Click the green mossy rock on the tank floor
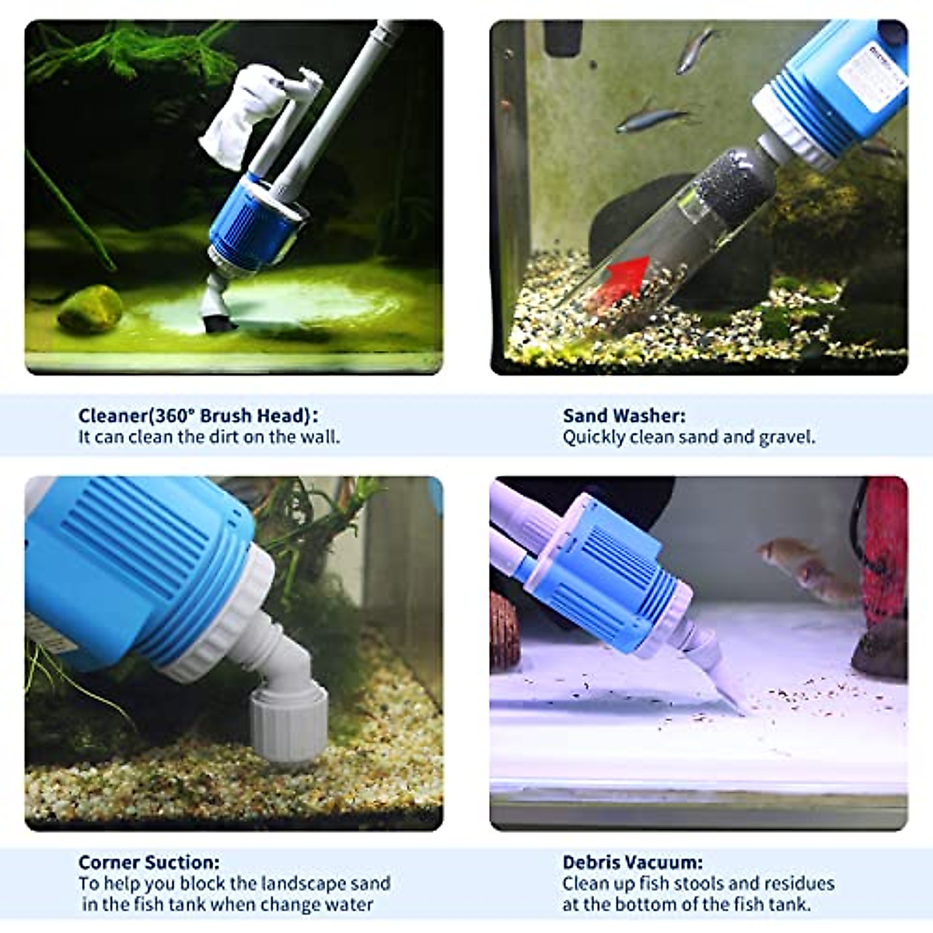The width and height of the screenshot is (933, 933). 90,309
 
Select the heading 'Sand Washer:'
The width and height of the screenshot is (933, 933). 624,416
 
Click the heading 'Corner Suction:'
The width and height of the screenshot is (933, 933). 149,862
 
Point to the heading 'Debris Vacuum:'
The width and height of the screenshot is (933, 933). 632,862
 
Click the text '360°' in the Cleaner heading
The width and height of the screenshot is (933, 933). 177,416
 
